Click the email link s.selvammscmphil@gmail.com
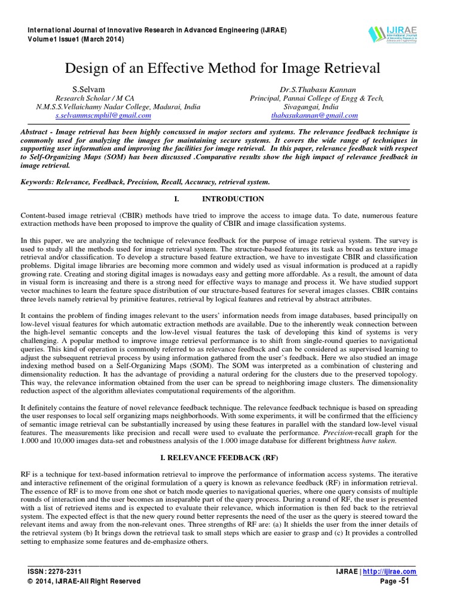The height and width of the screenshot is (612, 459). tap(103, 115)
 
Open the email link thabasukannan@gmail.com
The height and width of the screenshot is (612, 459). tap(314, 115)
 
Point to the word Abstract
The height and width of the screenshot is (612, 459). tap(36, 130)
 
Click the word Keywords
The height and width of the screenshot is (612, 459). tap(39, 181)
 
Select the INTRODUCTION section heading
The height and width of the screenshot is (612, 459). tap(233, 198)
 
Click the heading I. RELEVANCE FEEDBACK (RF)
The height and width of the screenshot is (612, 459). tap(229, 457)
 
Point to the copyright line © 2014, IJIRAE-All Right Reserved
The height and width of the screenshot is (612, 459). tap(84, 581)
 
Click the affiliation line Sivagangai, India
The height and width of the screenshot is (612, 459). tap(314, 107)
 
